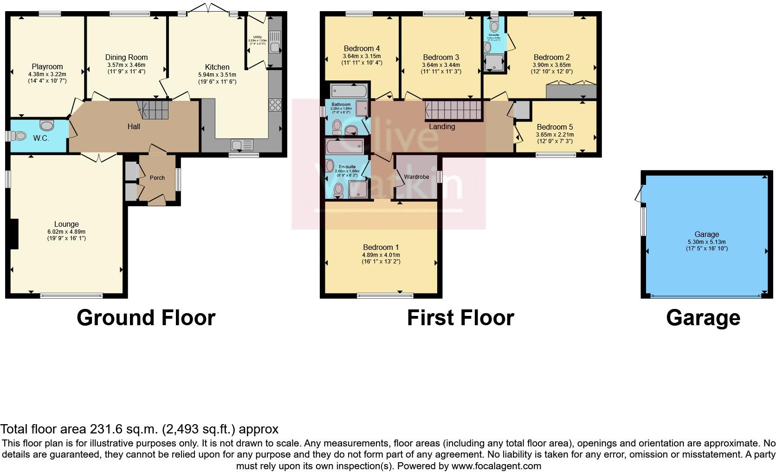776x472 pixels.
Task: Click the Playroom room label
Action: (x=47, y=67)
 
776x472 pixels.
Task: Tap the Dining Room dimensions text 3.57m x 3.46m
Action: (x=126, y=65)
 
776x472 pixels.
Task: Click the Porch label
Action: (x=157, y=177)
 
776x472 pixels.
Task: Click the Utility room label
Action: (x=257, y=37)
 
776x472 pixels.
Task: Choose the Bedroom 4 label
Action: (x=362, y=48)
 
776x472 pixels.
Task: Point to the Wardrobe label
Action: (x=416, y=177)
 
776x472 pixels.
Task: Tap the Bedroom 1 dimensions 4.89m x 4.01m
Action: (x=381, y=255)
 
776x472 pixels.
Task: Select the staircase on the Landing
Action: (x=454, y=111)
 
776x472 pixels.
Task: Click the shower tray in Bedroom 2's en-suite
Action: (x=493, y=64)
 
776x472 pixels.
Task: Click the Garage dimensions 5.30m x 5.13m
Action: (x=706, y=242)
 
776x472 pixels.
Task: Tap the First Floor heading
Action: (x=460, y=318)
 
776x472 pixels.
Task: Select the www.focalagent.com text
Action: (x=496, y=465)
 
